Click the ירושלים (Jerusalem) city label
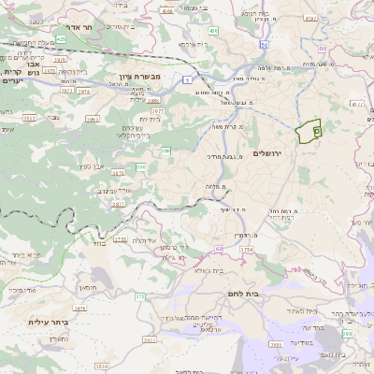(273, 153)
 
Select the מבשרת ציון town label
(139, 76)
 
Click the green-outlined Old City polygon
(308, 132)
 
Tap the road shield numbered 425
(61, 39)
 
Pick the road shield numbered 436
(214, 31)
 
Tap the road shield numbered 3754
(247, 251)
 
